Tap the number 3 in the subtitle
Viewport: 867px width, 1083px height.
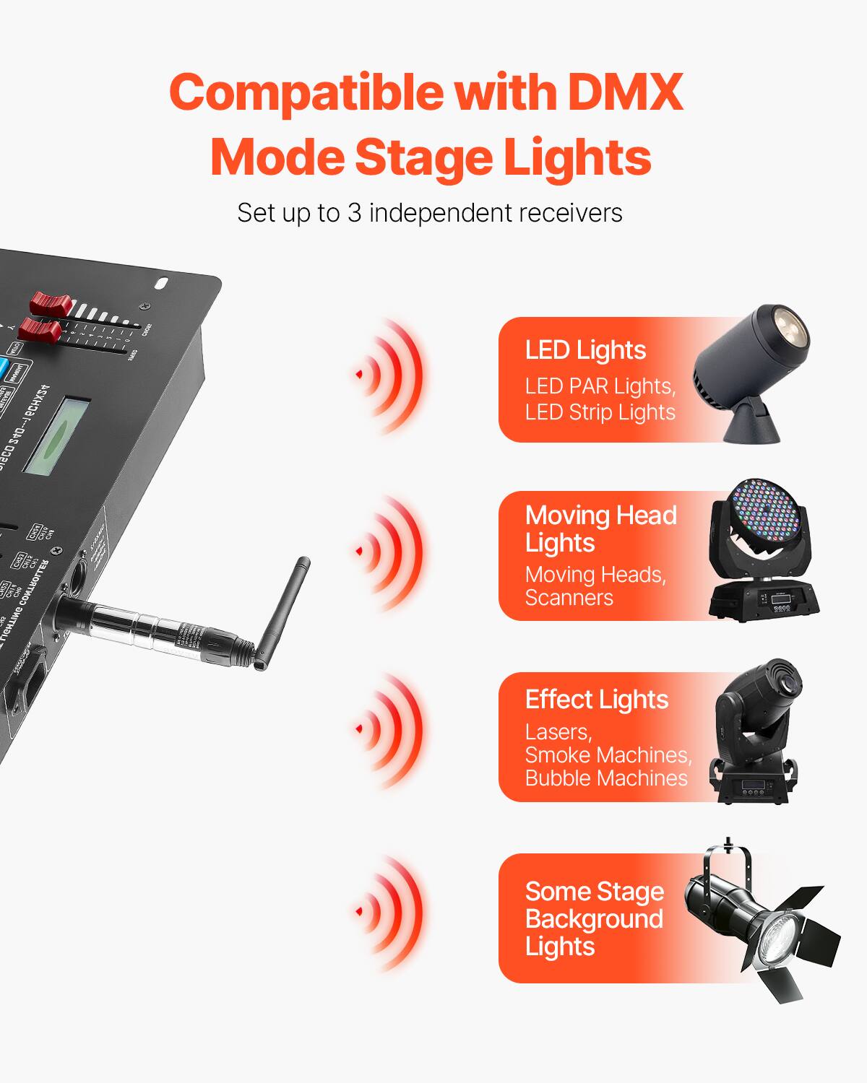pyautogui.click(x=354, y=213)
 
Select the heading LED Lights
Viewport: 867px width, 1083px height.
pyautogui.click(x=585, y=350)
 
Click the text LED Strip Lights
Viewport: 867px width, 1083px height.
pyautogui.click(x=600, y=412)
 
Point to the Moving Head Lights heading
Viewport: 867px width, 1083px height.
pyautogui.click(x=600, y=529)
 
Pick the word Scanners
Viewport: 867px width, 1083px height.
pyautogui.click(x=569, y=598)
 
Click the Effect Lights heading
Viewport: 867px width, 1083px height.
pyautogui.click(x=596, y=700)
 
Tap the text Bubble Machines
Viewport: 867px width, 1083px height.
pyautogui.click(x=606, y=778)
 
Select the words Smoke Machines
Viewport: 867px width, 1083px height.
pyautogui.click(x=608, y=755)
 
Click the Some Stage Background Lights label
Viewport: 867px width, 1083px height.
pyautogui.click(x=594, y=918)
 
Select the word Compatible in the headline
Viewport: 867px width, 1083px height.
pyautogui.click(x=306, y=92)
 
